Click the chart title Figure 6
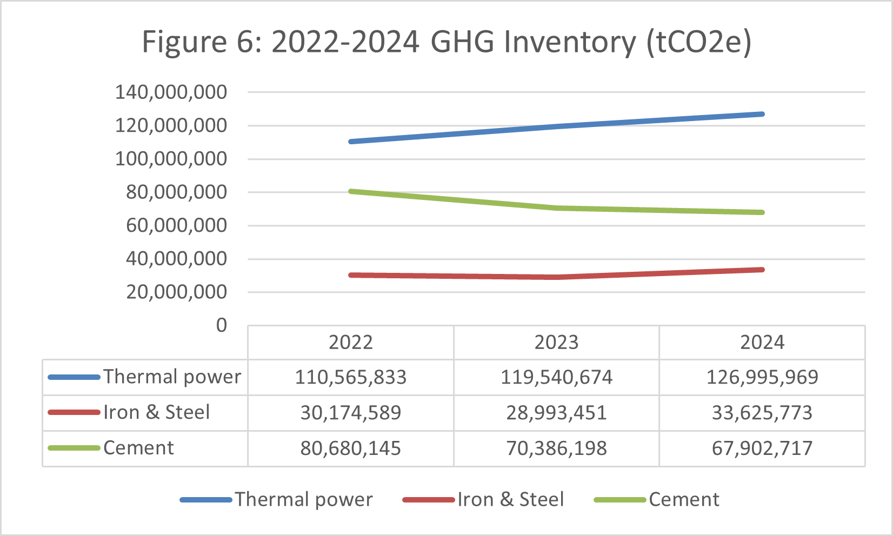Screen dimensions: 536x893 point(447,42)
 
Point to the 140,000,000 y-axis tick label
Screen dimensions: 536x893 point(171,92)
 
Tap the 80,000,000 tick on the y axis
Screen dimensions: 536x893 point(176,192)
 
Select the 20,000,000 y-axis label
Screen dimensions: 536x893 point(176,292)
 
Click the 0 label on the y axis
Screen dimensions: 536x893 point(222,325)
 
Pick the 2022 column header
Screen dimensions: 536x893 point(351,343)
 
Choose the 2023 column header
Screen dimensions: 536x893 point(556,343)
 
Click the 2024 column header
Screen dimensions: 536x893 point(762,343)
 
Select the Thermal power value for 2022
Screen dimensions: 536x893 point(351,377)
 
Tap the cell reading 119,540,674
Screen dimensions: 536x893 point(556,377)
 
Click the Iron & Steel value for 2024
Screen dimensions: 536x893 point(762,413)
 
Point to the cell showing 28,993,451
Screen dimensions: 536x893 point(556,413)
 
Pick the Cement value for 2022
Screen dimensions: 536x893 point(351,448)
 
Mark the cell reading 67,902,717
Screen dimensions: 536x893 point(762,448)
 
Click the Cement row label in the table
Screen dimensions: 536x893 point(138,448)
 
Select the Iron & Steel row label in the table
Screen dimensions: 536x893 point(156,412)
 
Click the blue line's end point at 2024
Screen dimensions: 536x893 point(762,114)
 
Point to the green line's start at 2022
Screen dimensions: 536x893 point(351,191)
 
